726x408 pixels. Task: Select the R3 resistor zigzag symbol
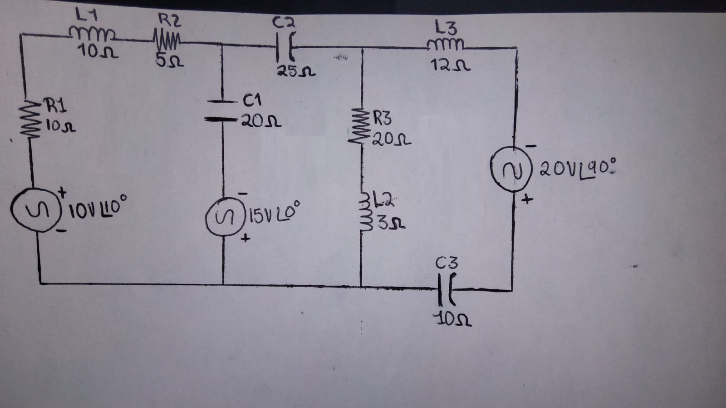click(x=362, y=127)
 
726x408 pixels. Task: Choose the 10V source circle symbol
click(x=34, y=213)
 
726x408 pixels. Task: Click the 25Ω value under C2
click(x=296, y=72)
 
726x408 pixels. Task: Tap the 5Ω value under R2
click(x=169, y=60)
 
